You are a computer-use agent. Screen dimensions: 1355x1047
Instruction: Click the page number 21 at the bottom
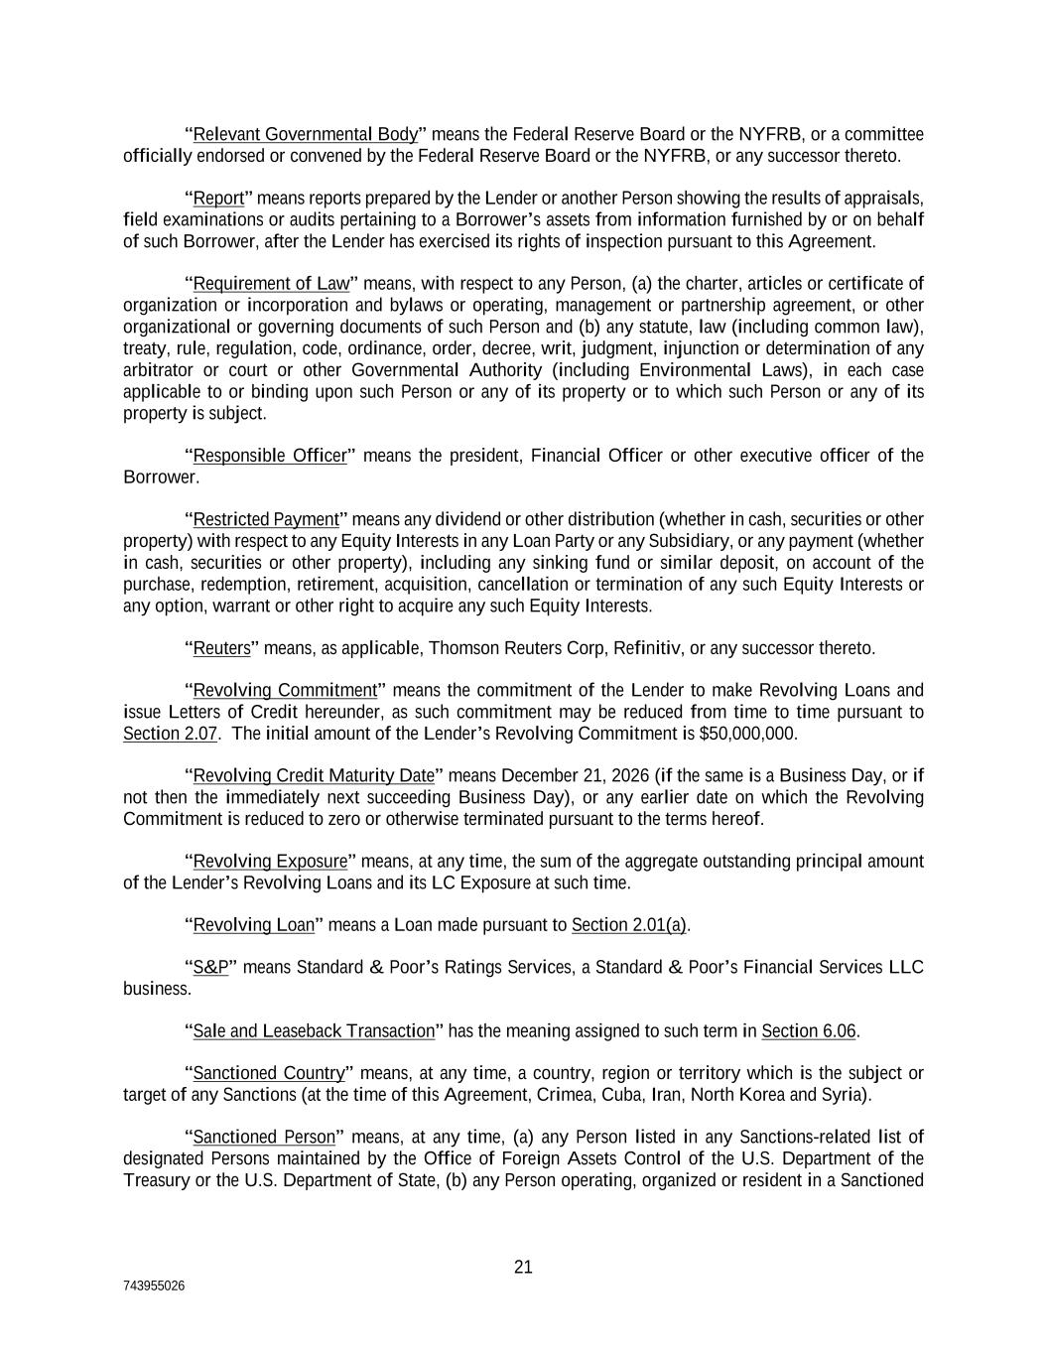pyautogui.click(x=523, y=1267)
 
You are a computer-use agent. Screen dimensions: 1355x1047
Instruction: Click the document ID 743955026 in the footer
pyautogui.click(x=153, y=1286)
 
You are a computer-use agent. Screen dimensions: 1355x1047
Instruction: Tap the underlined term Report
pyautogui.click(x=218, y=198)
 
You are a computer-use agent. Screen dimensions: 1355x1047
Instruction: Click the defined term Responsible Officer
pyautogui.click(x=270, y=456)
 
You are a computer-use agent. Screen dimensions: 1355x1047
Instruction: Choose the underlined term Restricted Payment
pyautogui.click(x=266, y=519)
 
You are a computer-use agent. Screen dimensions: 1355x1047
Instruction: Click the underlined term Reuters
pyautogui.click(x=221, y=648)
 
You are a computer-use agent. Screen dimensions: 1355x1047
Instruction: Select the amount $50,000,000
pyautogui.click(x=748, y=734)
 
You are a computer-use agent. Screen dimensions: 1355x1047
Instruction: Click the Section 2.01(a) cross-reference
pyautogui.click(x=629, y=925)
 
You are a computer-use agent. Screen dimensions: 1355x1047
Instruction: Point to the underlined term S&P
pyautogui.click(x=210, y=967)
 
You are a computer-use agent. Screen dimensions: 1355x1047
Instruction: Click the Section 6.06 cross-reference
pyautogui.click(x=808, y=1030)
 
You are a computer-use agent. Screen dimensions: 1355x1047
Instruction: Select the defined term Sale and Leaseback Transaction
pyautogui.click(x=314, y=1030)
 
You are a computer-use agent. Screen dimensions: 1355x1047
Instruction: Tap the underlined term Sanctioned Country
pyautogui.click(x=268, y=1073)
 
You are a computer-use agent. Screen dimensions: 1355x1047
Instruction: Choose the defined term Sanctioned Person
pyautogui.click(x=264, y=1137)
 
